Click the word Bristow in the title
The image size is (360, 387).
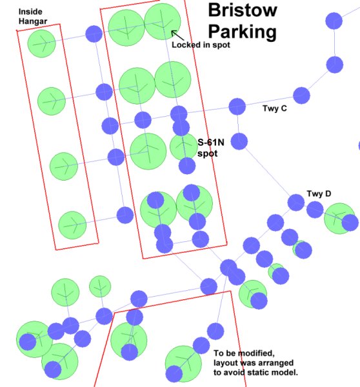coord(243,10)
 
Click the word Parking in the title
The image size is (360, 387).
coord(242,32)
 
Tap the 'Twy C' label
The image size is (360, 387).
coord(275,108)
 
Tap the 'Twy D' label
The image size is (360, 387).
coord(319,193)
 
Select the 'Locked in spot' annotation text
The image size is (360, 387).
coord(201,45)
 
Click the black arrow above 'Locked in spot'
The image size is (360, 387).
coord(178,35)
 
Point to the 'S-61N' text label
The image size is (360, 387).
coord(211,143)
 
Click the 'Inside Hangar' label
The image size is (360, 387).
coord(33,17)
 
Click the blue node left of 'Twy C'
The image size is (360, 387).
coord(237,106)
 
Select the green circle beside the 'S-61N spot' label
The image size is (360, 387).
coord(183,146)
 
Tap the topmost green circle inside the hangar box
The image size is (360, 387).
coord(42,44)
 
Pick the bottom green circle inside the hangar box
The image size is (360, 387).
coord(72,225)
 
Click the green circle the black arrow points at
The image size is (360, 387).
coord(163,21)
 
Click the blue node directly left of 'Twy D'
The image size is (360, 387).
coord(295,203)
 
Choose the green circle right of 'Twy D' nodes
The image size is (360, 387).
coord(339,219)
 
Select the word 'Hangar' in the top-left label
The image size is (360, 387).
coord(33,21)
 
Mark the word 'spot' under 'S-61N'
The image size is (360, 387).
coord(207,154)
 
